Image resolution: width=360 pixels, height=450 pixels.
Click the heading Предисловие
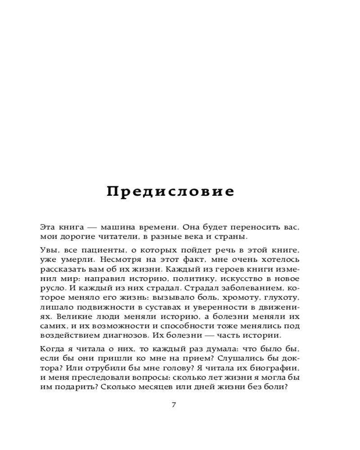coord(171,192)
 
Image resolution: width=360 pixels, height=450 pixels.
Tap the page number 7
coord(174,405)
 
